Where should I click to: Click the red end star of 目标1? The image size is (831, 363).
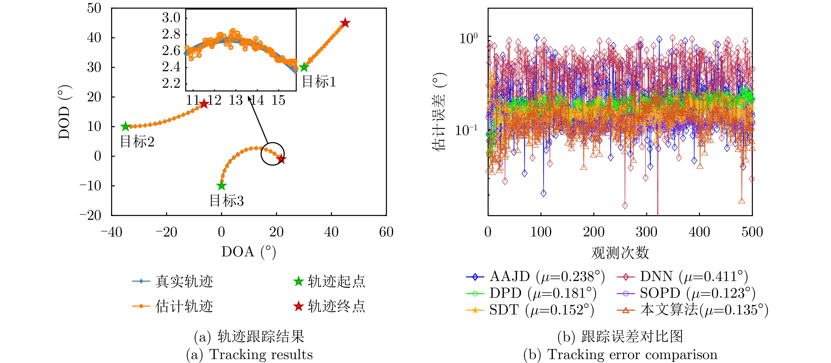coord(345,23)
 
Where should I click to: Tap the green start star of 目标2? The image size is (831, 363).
coord(126,127)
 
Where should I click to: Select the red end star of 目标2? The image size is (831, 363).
coord(204,104)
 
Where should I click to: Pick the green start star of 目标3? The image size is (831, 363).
coord(221,186)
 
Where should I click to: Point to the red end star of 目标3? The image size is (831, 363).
coord(281,159)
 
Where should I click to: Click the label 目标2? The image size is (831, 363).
coord(137,142)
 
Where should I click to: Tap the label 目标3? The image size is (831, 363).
coord(226,201)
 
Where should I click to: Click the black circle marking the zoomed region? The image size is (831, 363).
coord(273,154)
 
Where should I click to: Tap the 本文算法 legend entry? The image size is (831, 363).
coord(692,310)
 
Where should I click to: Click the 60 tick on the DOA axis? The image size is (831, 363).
coord(386,232)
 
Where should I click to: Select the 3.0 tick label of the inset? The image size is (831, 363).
coord(171,17)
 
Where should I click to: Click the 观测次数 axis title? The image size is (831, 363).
coord(620,252)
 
